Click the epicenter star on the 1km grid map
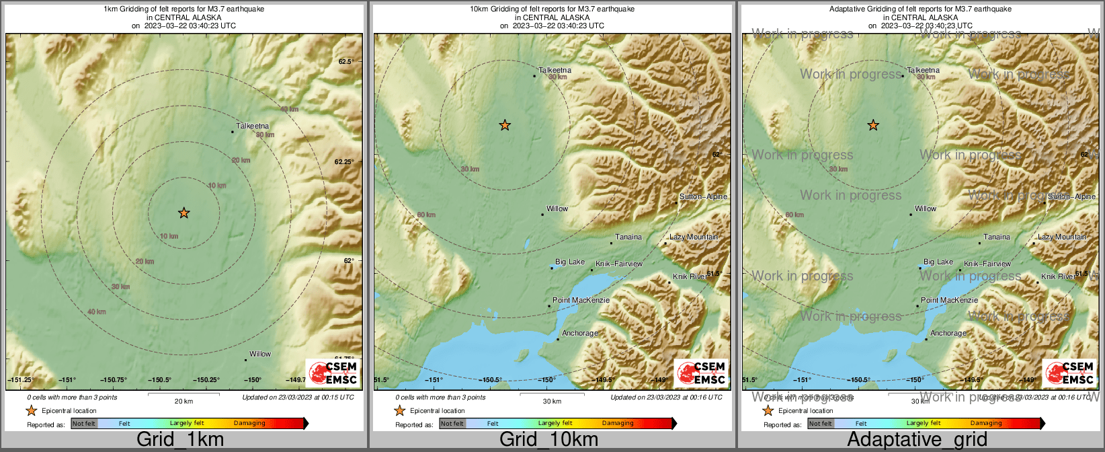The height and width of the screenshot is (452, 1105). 183,213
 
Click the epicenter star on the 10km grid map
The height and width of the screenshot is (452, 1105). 505,125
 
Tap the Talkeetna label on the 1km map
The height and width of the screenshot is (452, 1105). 253,126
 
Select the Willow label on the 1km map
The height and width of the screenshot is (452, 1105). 260,354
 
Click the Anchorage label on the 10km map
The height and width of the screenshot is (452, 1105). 579,333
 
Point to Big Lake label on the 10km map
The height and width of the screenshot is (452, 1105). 570,262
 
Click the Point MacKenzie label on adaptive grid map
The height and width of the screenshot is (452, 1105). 949,300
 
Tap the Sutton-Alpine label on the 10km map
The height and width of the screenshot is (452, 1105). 703,196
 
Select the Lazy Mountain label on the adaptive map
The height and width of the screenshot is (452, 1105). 1061,237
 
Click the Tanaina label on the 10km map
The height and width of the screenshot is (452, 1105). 628,237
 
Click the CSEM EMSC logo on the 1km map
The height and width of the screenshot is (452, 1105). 333,373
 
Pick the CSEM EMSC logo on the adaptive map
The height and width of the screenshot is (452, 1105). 1069,373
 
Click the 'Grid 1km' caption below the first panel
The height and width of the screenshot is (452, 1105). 180,440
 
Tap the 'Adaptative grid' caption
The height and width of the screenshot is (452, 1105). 917,440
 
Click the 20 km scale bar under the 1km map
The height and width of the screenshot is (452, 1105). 183,395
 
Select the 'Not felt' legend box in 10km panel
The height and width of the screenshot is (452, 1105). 452,424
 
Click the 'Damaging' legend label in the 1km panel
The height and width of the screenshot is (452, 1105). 249,424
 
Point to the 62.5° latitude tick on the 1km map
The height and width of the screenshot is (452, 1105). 345,61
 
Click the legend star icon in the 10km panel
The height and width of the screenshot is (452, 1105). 399,410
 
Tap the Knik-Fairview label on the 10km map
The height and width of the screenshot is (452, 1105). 619,264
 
